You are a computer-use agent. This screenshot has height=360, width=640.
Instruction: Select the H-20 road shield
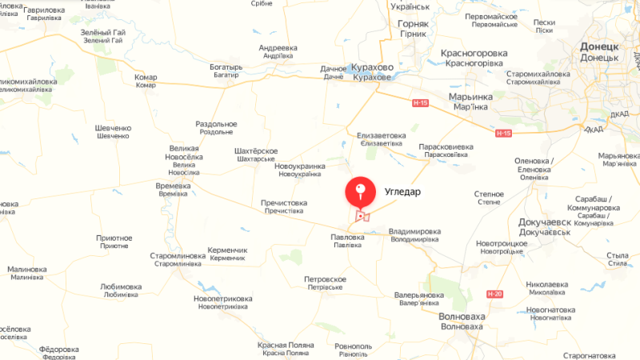(496, 294)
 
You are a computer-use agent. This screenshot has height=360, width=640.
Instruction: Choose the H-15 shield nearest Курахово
(421, 102)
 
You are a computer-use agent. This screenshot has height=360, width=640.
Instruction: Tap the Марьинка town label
(470, 96)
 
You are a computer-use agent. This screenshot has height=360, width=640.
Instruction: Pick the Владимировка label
(414, 231)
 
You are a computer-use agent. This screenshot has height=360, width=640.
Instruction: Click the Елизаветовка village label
(382, 135)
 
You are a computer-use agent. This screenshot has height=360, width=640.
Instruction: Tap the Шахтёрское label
(255, 151)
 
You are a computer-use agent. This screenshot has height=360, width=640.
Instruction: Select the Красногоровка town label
(474, 53)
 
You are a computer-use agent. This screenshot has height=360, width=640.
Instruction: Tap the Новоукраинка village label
(300, 166)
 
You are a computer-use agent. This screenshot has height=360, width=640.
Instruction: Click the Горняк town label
(414, 24)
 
